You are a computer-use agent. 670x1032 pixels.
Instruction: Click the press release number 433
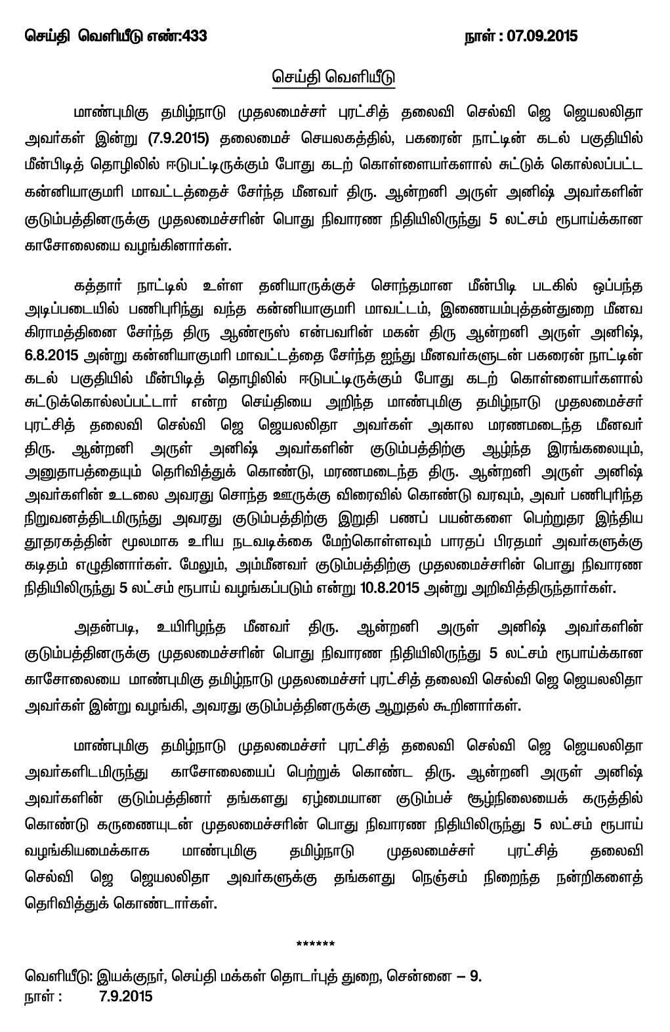[195, 36]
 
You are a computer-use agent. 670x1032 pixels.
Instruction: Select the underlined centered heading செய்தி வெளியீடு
[334, 78]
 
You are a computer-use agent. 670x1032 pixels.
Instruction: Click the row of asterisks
[316, 945]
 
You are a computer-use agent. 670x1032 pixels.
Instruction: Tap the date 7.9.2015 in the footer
[125, 996]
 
